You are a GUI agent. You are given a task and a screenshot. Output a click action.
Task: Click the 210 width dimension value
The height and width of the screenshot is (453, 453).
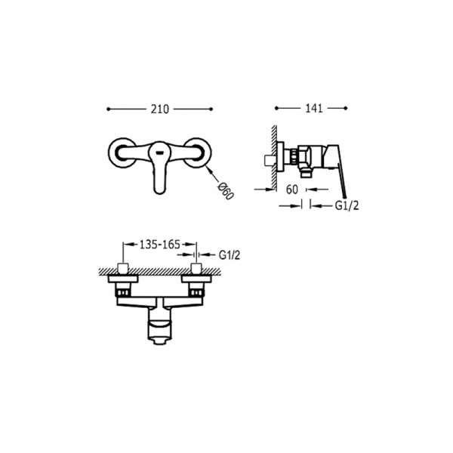[160, 109]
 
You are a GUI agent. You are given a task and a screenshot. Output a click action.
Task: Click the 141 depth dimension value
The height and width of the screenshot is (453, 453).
[314, 108]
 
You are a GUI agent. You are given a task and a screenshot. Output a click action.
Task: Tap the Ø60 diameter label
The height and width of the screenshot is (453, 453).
[225, 191]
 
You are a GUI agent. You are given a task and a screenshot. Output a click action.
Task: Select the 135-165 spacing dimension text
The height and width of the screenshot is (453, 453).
[160, 245]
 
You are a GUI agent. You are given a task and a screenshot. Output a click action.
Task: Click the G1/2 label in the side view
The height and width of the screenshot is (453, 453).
[347, 205]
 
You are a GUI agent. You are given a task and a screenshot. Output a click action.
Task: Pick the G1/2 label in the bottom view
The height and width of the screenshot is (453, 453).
[230, 255]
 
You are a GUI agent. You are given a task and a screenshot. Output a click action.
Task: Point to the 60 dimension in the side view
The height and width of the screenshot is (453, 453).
[291, 190]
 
